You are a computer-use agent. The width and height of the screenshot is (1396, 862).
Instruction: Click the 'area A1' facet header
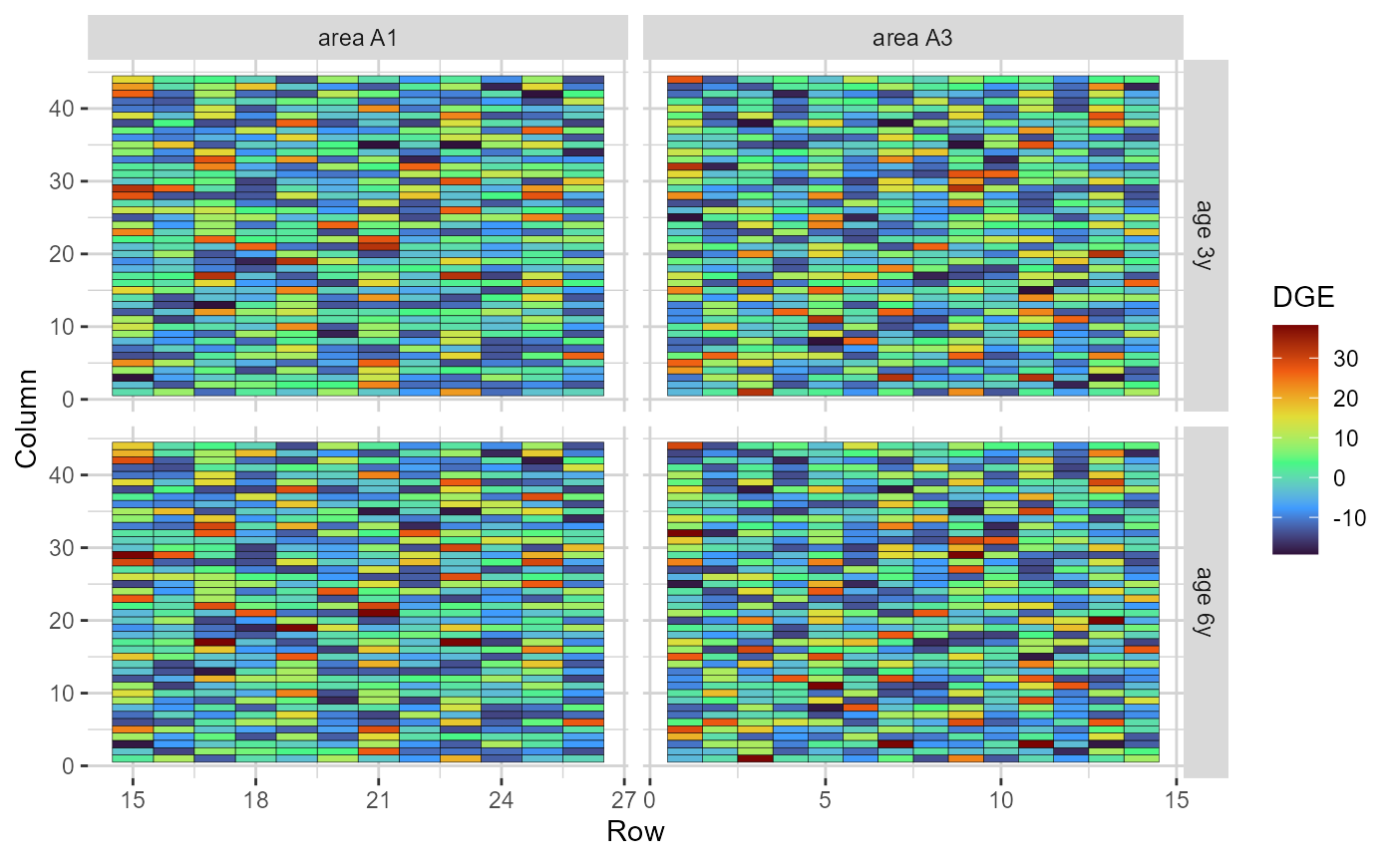coord(357,39)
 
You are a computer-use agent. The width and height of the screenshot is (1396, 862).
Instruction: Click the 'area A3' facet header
coord(912,39)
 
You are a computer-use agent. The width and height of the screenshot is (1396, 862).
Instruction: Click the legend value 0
coord(1339,478)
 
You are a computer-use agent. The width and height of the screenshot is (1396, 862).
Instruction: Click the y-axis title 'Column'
coord(27,418)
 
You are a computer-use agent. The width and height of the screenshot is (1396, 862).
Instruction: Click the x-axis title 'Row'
coord(635,831)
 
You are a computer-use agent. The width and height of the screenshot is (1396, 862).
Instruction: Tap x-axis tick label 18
coord(255,800)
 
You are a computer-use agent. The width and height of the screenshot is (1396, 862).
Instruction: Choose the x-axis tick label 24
coord(502,800)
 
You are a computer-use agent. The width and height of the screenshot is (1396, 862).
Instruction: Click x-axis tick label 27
coord(624,800)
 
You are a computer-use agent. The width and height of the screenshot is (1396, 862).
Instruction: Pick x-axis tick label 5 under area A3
coord(826,800)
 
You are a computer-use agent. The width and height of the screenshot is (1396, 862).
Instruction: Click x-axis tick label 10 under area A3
coord(1001,800)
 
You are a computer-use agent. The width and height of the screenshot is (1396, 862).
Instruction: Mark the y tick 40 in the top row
coord(61,109)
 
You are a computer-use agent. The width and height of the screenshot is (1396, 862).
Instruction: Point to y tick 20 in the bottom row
coord(61,621)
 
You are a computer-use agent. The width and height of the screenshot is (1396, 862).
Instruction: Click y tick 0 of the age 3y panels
coord(67,400)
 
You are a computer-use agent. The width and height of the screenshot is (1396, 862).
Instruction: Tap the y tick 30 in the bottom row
coord(61,548)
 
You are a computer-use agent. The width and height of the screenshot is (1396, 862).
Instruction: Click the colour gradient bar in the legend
coord(1295,438)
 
